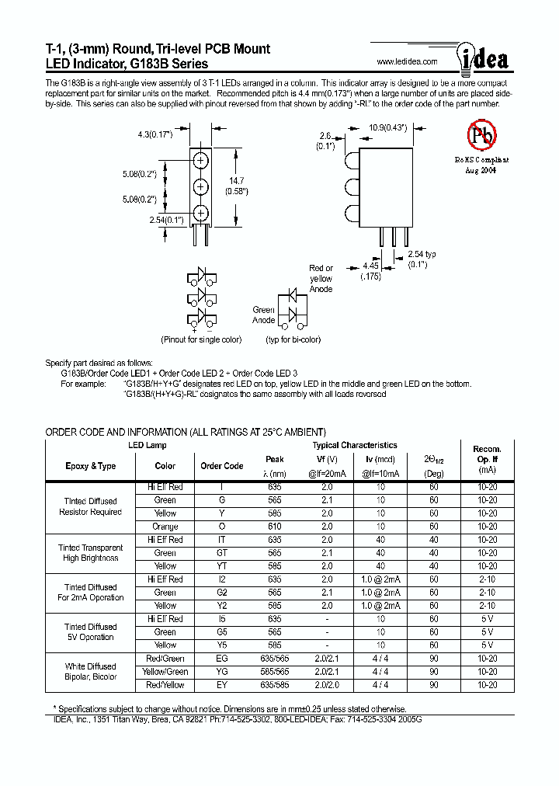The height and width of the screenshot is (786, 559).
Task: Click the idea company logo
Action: click(486, 59)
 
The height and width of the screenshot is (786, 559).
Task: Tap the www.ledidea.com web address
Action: click(407, 62)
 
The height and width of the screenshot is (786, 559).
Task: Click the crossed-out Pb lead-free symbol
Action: click(481, 135)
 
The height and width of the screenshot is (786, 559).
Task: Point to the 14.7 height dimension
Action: click(236, 183)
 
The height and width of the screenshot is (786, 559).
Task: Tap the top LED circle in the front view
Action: click(200, 160)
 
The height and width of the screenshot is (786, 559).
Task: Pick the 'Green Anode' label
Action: click(264, 315)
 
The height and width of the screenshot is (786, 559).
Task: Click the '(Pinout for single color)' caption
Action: click(201, 339)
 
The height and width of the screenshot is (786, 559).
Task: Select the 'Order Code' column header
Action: click(222, 466)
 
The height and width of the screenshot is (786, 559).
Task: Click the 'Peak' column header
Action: click(275, 459)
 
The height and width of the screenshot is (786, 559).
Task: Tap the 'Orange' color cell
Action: click(165, 526)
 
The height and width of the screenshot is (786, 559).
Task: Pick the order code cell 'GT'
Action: click(222, 553)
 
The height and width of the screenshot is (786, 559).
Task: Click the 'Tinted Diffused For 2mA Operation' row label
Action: click(91, 593)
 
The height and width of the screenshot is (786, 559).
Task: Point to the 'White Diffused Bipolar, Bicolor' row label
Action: click(91, 672)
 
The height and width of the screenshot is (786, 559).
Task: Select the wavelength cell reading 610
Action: click(275, 526)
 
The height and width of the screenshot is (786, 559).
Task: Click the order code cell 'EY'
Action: click(222, 685)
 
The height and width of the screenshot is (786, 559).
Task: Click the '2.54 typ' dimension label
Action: click(422, 254)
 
